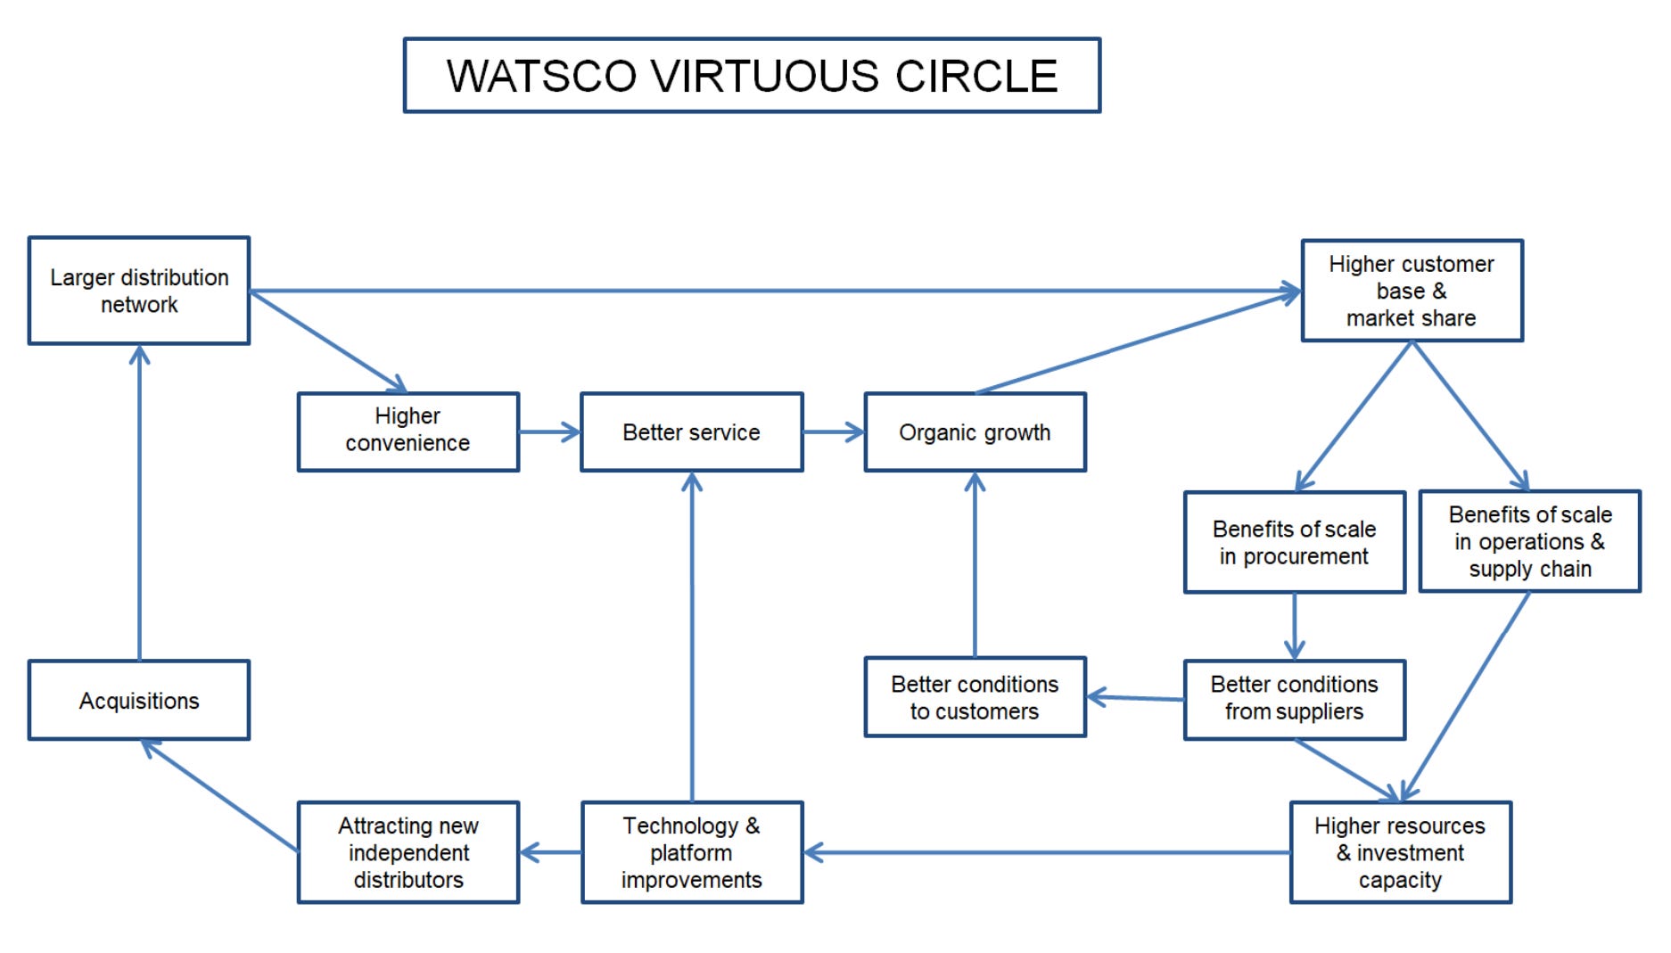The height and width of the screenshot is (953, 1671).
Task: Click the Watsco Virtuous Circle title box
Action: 752,76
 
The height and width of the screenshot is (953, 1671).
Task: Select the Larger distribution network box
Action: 139,291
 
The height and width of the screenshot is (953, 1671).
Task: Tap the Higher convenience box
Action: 408,431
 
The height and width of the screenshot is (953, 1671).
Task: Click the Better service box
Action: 691,432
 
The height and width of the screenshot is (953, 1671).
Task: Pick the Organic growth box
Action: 975,432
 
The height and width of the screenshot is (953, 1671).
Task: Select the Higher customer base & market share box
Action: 1412,291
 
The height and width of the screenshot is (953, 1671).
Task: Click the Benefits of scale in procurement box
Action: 1294,542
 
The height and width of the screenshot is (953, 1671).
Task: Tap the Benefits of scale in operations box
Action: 1529,541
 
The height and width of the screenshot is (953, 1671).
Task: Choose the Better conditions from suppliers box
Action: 1294,699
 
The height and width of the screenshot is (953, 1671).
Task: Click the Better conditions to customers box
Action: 975,697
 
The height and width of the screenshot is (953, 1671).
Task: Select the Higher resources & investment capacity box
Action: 1400,852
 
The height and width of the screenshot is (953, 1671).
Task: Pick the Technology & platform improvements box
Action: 692,852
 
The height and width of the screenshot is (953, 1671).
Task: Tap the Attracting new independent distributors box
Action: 408,852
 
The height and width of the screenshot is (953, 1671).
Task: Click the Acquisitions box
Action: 139,701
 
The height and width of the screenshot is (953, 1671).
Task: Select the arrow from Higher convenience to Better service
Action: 548,432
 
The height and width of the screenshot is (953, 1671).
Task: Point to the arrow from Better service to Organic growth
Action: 833,432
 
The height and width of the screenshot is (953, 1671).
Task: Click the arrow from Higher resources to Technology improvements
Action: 1043,852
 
